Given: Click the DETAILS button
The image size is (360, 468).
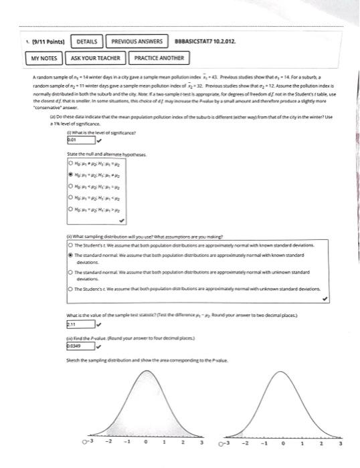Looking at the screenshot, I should [x=86, y=41].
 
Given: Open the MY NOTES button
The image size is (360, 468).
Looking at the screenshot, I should [x=46, y=59].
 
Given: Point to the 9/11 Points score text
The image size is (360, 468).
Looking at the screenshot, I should [x=39, y=41].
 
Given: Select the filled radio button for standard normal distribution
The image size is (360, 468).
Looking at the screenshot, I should [x=71, y=255].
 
